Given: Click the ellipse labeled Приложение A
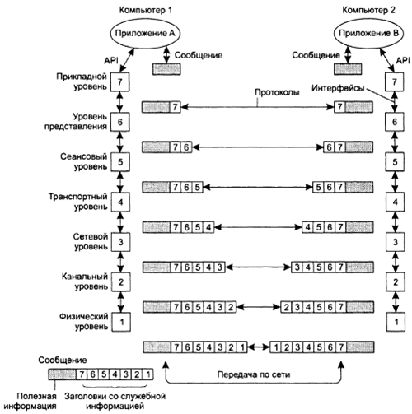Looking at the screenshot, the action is click(x=145, y=34).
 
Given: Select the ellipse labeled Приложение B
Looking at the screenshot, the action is click(x=368, y=34).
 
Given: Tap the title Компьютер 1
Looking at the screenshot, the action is click(x=146, y=10).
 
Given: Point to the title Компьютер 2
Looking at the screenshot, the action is click(x=368, y=10).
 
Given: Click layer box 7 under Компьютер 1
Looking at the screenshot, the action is click(x=120, y=81).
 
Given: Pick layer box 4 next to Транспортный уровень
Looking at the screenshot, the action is click(x=120, y=202).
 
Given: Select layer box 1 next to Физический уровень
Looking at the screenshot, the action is click(x=121, y=322).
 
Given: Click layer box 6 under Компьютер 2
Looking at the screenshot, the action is click(x=395, y=122).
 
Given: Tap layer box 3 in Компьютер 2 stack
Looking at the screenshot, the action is click(x=396, y=242).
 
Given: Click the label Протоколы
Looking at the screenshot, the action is click(x=277, y=92).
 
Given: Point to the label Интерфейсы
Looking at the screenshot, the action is click(x=338, y=88).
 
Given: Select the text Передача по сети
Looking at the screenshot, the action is click(x=254, y=374).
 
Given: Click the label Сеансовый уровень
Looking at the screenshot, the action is click(x=84, y=161).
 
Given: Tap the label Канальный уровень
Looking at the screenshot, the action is click(x=85, y=281).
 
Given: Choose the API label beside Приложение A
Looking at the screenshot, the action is click(x=110, y=60).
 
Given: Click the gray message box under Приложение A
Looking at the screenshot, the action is click(x=166, y=69).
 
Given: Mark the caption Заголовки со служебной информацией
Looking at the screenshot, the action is click(x=115, y=401).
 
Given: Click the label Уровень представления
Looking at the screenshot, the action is click(x=76, y=122).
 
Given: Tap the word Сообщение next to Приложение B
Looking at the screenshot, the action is click(x=316, y=55).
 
